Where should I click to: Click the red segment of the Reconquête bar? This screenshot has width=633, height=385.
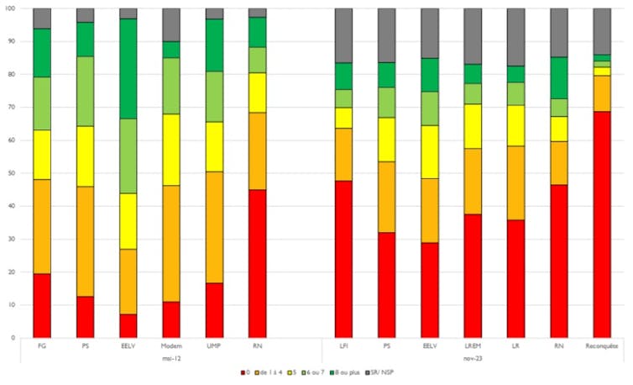602,224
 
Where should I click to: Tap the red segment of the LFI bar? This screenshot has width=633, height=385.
343,259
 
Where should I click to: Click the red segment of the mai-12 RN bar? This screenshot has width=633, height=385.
258,263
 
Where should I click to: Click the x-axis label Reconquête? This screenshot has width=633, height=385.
602,346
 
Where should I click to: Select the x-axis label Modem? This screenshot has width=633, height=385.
171,346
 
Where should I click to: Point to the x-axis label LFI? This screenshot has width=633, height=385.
343,346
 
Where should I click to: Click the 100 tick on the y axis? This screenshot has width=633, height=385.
10,8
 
